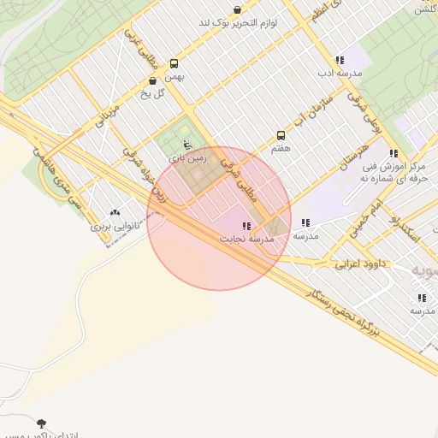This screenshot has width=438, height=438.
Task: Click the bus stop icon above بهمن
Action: [x=175, y=63]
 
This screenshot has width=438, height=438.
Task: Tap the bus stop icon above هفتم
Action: [x=281, y=136]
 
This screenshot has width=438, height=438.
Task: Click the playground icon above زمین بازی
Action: [x=175, y=145]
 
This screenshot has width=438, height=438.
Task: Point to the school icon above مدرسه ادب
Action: [x=340, y=61]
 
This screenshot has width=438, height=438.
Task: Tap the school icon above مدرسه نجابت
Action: [x=246, y=226]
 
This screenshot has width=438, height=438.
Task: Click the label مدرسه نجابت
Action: [x=246, y=239]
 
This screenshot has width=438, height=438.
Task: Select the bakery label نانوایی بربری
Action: [x=115, y=228]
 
